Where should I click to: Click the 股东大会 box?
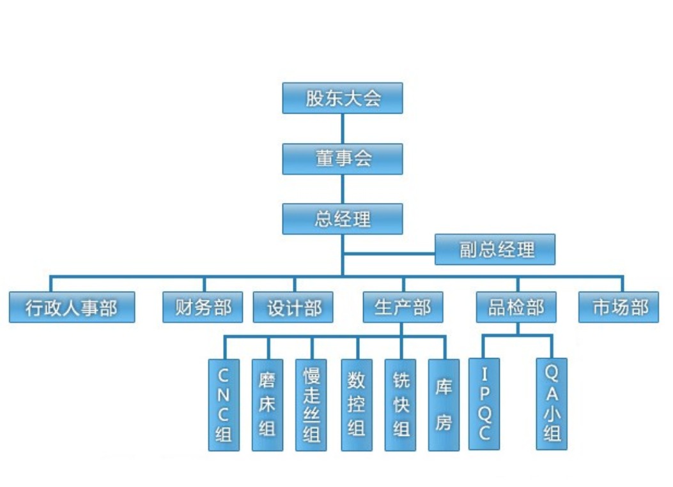(343, 98)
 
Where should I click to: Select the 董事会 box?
(343, 159)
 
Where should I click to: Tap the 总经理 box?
(343, 219)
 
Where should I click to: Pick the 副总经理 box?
(495, 250)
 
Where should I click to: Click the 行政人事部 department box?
(72, 307)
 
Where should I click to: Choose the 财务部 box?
(204, 307)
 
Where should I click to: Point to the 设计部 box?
(295, 307)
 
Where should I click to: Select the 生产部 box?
(403, 307)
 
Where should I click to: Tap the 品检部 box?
(516, 307)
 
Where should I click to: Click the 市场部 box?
(619, 307)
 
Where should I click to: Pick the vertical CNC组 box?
(224, 405)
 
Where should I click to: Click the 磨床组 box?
(267, 405)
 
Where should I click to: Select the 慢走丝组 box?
(312, 405)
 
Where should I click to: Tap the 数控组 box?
(357, 405)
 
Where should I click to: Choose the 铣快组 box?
(401, 405)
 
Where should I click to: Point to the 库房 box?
(444, 405)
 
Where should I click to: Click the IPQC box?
(484, 403)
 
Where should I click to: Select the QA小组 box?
(552, 403)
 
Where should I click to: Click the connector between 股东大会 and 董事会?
(343, 128)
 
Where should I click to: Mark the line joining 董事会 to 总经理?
(343, 189)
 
